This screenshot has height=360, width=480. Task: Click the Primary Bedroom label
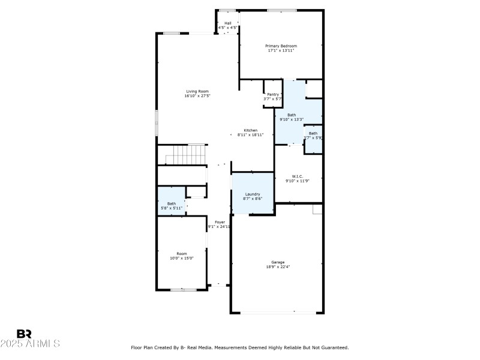281,46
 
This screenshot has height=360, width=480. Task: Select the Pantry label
273,94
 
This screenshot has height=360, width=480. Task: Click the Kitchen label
250,130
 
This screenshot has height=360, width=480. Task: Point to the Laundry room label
253,194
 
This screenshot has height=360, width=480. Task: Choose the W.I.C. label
298,176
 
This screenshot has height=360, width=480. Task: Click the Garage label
278,262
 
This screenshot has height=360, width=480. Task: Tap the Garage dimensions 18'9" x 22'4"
278,266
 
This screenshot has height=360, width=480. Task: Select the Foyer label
220,222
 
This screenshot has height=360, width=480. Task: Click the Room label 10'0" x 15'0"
181,253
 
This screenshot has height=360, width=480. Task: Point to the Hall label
228,23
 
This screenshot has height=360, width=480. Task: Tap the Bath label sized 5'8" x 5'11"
172,203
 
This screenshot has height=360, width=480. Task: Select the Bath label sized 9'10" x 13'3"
292,115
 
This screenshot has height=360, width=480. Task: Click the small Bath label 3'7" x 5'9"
313,133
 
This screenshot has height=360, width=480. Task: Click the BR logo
24,334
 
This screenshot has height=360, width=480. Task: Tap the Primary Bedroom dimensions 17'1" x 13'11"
281,50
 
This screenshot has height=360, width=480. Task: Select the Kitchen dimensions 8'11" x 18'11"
250,135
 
